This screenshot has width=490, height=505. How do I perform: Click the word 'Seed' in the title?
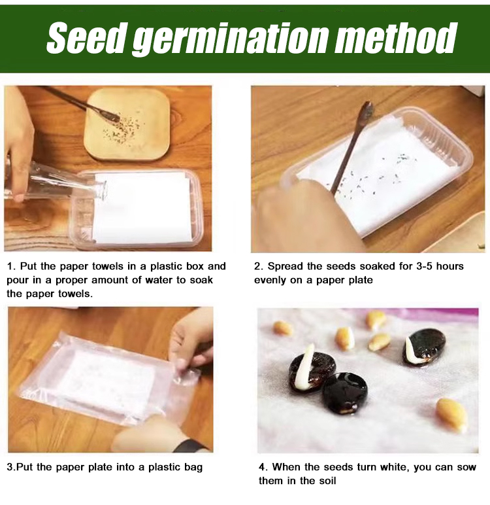click(x=86, y=37)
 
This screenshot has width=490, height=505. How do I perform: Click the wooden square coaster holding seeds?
click(x=127, y=124)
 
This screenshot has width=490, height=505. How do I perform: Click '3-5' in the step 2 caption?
click(x=421, y=266)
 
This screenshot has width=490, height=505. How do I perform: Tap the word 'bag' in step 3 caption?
click(x=193, y=468)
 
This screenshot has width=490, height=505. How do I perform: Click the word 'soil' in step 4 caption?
click(x=327, y=481)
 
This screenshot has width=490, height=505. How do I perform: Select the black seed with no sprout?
click(x=344, y=393)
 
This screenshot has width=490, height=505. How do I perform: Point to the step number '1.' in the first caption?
click(x=11, y=266)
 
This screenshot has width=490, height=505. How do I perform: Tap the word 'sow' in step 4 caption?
click(x=467, y=468)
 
